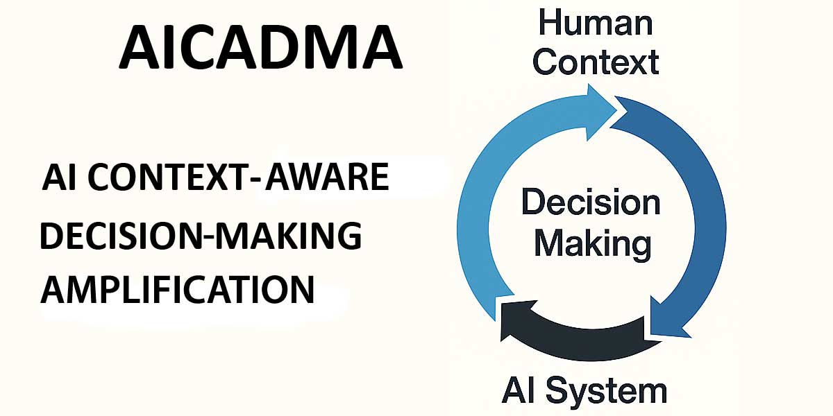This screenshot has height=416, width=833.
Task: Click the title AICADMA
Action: [260, 48]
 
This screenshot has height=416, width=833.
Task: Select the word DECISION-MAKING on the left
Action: [201, 236]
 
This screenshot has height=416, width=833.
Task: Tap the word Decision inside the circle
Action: [591, 202]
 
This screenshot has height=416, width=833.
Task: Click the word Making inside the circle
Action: [592, 243]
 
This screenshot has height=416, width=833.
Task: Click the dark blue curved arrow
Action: [701, 208]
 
